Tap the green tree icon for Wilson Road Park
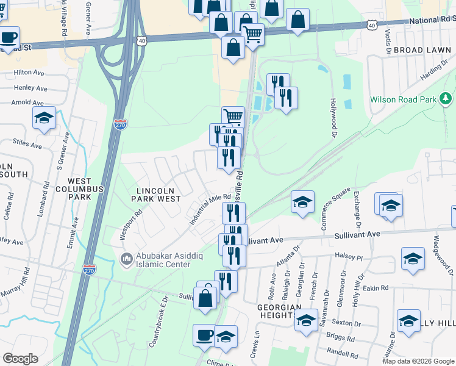pyautogui.click(x=446, y=98)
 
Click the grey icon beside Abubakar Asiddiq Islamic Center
pyautogui.click(x=127, y=260)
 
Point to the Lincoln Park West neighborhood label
pyautogui.click(x=158, y=195)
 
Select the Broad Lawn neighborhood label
pyautogui.click(x=423, y=49)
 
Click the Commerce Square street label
pyautogui.click(x=336, y=209)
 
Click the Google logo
pyautogui.click(x=20, y=359)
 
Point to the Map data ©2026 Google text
pyautogui.click(x=418, y=361)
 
